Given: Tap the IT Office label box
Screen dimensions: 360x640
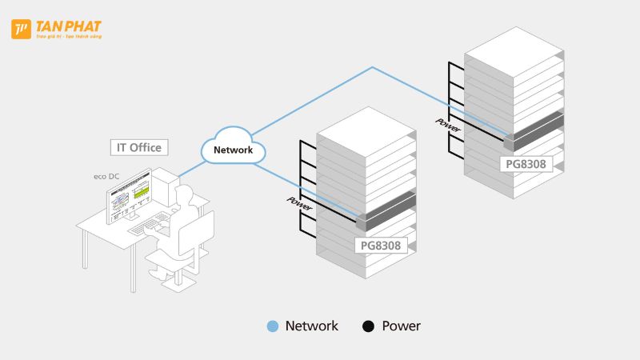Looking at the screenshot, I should click(140, 147).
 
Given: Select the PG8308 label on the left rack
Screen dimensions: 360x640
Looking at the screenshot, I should click(381, 246).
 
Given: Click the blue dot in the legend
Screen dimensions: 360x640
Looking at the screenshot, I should click(272, 326).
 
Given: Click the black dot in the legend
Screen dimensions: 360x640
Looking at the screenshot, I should click(368, 326).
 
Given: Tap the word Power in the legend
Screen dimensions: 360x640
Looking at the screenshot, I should click(401, 326).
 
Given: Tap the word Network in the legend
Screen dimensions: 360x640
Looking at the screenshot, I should click(312, 326).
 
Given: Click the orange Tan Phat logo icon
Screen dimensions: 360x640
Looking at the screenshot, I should click(21, 30).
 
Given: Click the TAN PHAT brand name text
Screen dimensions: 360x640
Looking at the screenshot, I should click(68, 26).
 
